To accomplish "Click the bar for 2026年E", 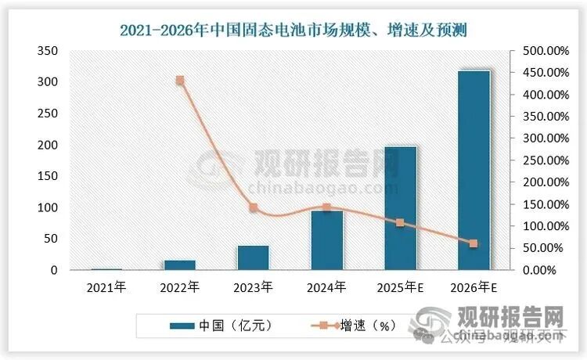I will tap(474, 171).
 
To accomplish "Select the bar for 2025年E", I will tap(400, 208).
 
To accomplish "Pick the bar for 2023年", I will tap(253, 257).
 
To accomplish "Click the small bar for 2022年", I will tap(179, 265).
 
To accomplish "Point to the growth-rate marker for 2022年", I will tap(179, 80).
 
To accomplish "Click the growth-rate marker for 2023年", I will tap(253, 207).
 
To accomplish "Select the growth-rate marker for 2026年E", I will tap(474, 244).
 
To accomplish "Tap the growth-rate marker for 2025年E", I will tap(400, 223).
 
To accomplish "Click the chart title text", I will tap(293, 30).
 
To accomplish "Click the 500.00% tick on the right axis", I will tap(540, 51).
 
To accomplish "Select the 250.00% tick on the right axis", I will tap(540, 160).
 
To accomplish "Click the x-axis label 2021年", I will tap(106, 288).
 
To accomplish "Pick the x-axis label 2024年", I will tap(326, 288).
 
